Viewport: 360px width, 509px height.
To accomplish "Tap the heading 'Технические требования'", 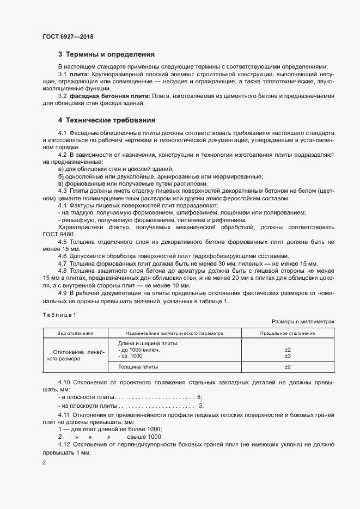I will (x=111, y=120).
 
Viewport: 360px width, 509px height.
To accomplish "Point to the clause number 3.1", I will (x=62, y=73).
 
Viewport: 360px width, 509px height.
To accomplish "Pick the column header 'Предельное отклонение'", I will (x=288, y=333).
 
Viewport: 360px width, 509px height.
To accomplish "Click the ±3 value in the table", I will (x=288, y=356).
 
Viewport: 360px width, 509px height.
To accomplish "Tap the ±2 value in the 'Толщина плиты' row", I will (x=288, y=367).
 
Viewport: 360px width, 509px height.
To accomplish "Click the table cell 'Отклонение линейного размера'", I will (x=76, y=355).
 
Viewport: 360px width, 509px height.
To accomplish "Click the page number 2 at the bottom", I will (x=44, y=463).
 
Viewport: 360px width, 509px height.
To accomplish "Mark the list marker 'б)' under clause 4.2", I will (x=61, y=177).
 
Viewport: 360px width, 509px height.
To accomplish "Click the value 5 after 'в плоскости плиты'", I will (x=199, y=398).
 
